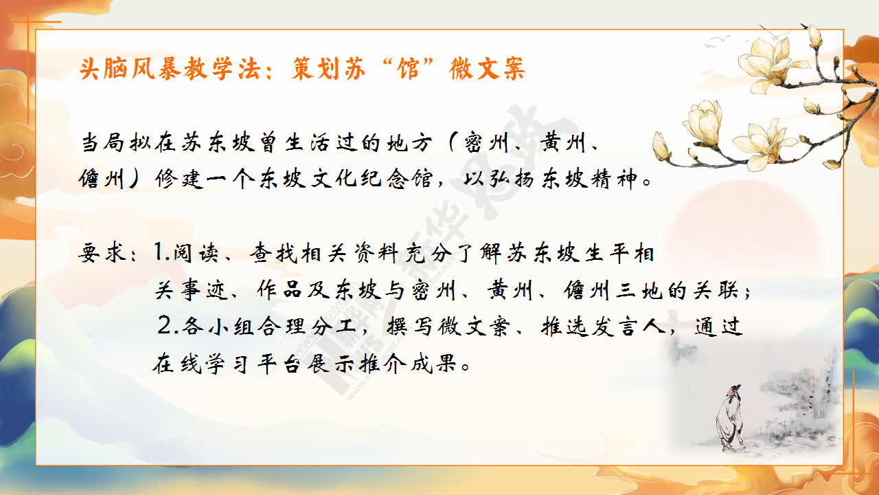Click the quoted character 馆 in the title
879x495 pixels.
[x=409, y=69]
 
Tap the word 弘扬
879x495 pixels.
[x=499, y=179]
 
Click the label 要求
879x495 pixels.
[x=102, y=252]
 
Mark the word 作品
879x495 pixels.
[x=279, y=290]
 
